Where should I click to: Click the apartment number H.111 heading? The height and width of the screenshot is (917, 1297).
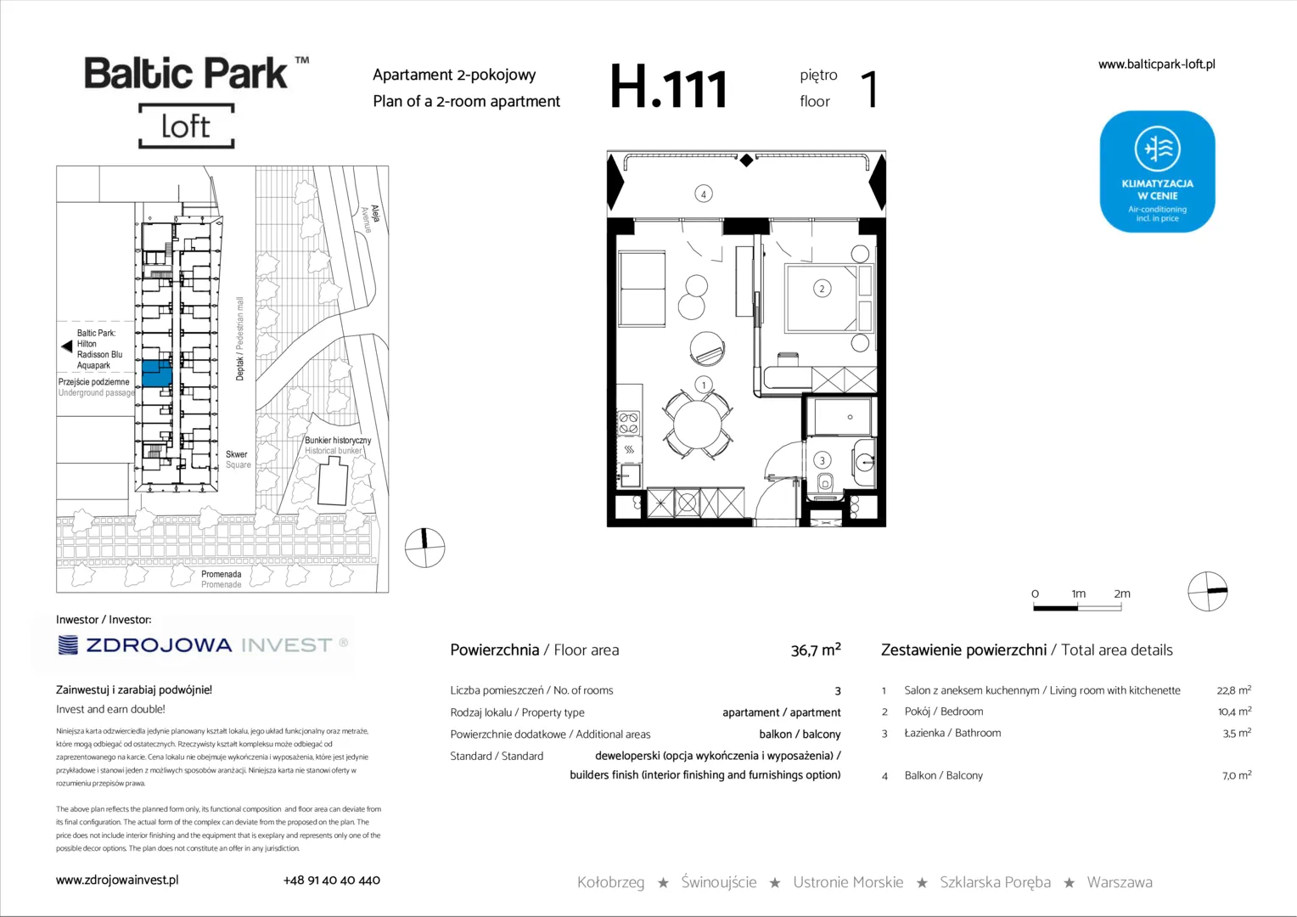[x=668, y=87]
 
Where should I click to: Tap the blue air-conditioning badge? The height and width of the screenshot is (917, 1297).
[x=1157, y=172]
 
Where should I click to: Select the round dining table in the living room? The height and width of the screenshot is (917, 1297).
[x=698, y=425]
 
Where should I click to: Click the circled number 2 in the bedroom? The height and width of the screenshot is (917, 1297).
[x=822, y=289]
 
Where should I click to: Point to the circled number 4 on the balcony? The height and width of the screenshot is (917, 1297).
[x=704, y=194]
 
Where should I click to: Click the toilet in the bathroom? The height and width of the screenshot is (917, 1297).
[x=825, y=481]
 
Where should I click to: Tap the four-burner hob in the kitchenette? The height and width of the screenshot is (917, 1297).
[x=629, y=423]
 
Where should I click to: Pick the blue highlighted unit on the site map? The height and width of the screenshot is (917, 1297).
[x=157, y=374]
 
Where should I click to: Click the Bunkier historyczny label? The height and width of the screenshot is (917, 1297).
[x=338, y=441]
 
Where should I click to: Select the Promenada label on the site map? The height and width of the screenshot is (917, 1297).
[x=222, y=574]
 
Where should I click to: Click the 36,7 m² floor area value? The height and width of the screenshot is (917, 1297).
[x=816, y=650]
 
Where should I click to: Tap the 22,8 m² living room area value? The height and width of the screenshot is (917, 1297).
[x=1234, y=690]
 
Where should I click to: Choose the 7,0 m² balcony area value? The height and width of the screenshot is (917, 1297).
[x=1237, y=775]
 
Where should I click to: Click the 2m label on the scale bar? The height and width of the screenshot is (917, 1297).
[x=1122, y=594]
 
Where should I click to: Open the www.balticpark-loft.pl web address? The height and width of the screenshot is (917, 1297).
[x=1157, y=65]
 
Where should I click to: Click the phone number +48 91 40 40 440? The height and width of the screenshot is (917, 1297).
[x=332, y=880]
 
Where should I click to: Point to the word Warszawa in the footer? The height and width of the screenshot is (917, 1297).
[x=1120, y=882]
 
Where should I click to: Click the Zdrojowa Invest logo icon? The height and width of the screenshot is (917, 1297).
[x=68, y=644]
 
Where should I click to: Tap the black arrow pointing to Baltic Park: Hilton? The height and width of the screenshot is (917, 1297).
[x=66, y=346]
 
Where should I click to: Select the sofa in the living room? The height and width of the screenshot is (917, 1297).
[x=642, y=289]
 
